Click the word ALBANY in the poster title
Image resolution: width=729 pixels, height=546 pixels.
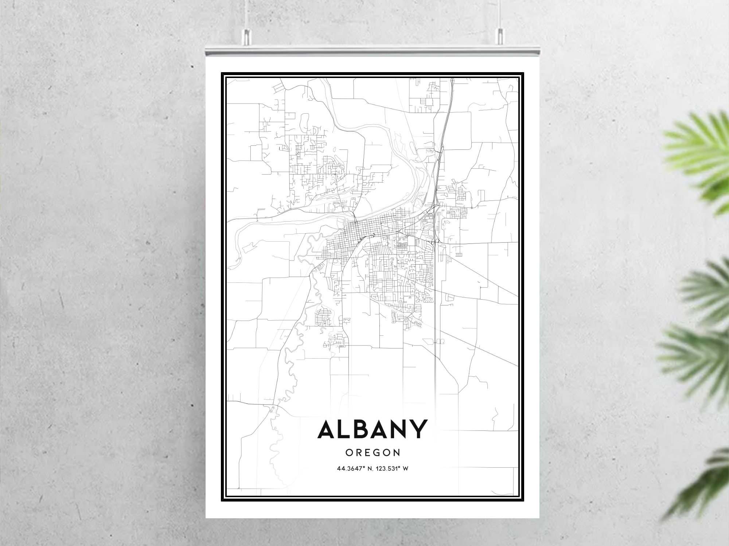(x=372, y=429)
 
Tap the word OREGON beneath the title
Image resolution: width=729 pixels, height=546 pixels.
(x=372, y=453)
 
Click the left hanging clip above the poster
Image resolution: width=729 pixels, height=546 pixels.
(x=247, y=35)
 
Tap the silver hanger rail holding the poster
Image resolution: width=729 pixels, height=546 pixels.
(x=372, y=51)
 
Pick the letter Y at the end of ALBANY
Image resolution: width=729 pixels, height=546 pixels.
(x=418, y=429)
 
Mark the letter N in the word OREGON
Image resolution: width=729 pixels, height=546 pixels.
(x=396, y=453)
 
